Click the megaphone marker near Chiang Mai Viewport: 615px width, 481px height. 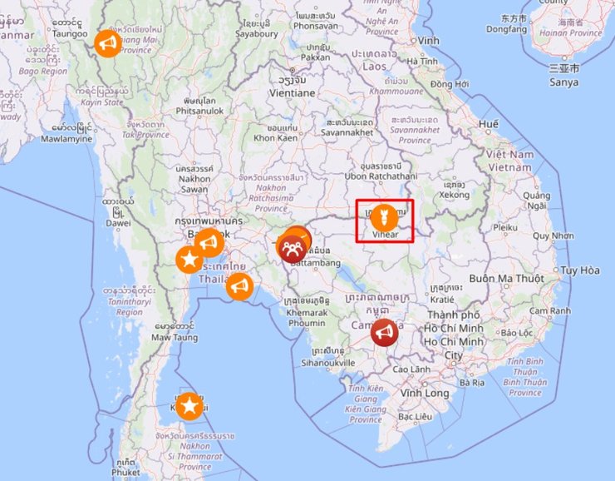(x=106, y=42)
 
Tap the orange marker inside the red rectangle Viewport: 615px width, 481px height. (x=383, y=217)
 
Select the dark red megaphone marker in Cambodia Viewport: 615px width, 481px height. (x=383, y=333)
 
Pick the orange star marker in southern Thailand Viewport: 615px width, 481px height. (x=189, y=406)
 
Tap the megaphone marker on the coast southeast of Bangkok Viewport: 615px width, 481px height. (x=239, y=287)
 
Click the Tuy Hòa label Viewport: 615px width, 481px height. (x=579, y=270)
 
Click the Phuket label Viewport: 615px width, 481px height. (x=128, y=472)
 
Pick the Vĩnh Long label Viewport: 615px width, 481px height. (x=424, y=393)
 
